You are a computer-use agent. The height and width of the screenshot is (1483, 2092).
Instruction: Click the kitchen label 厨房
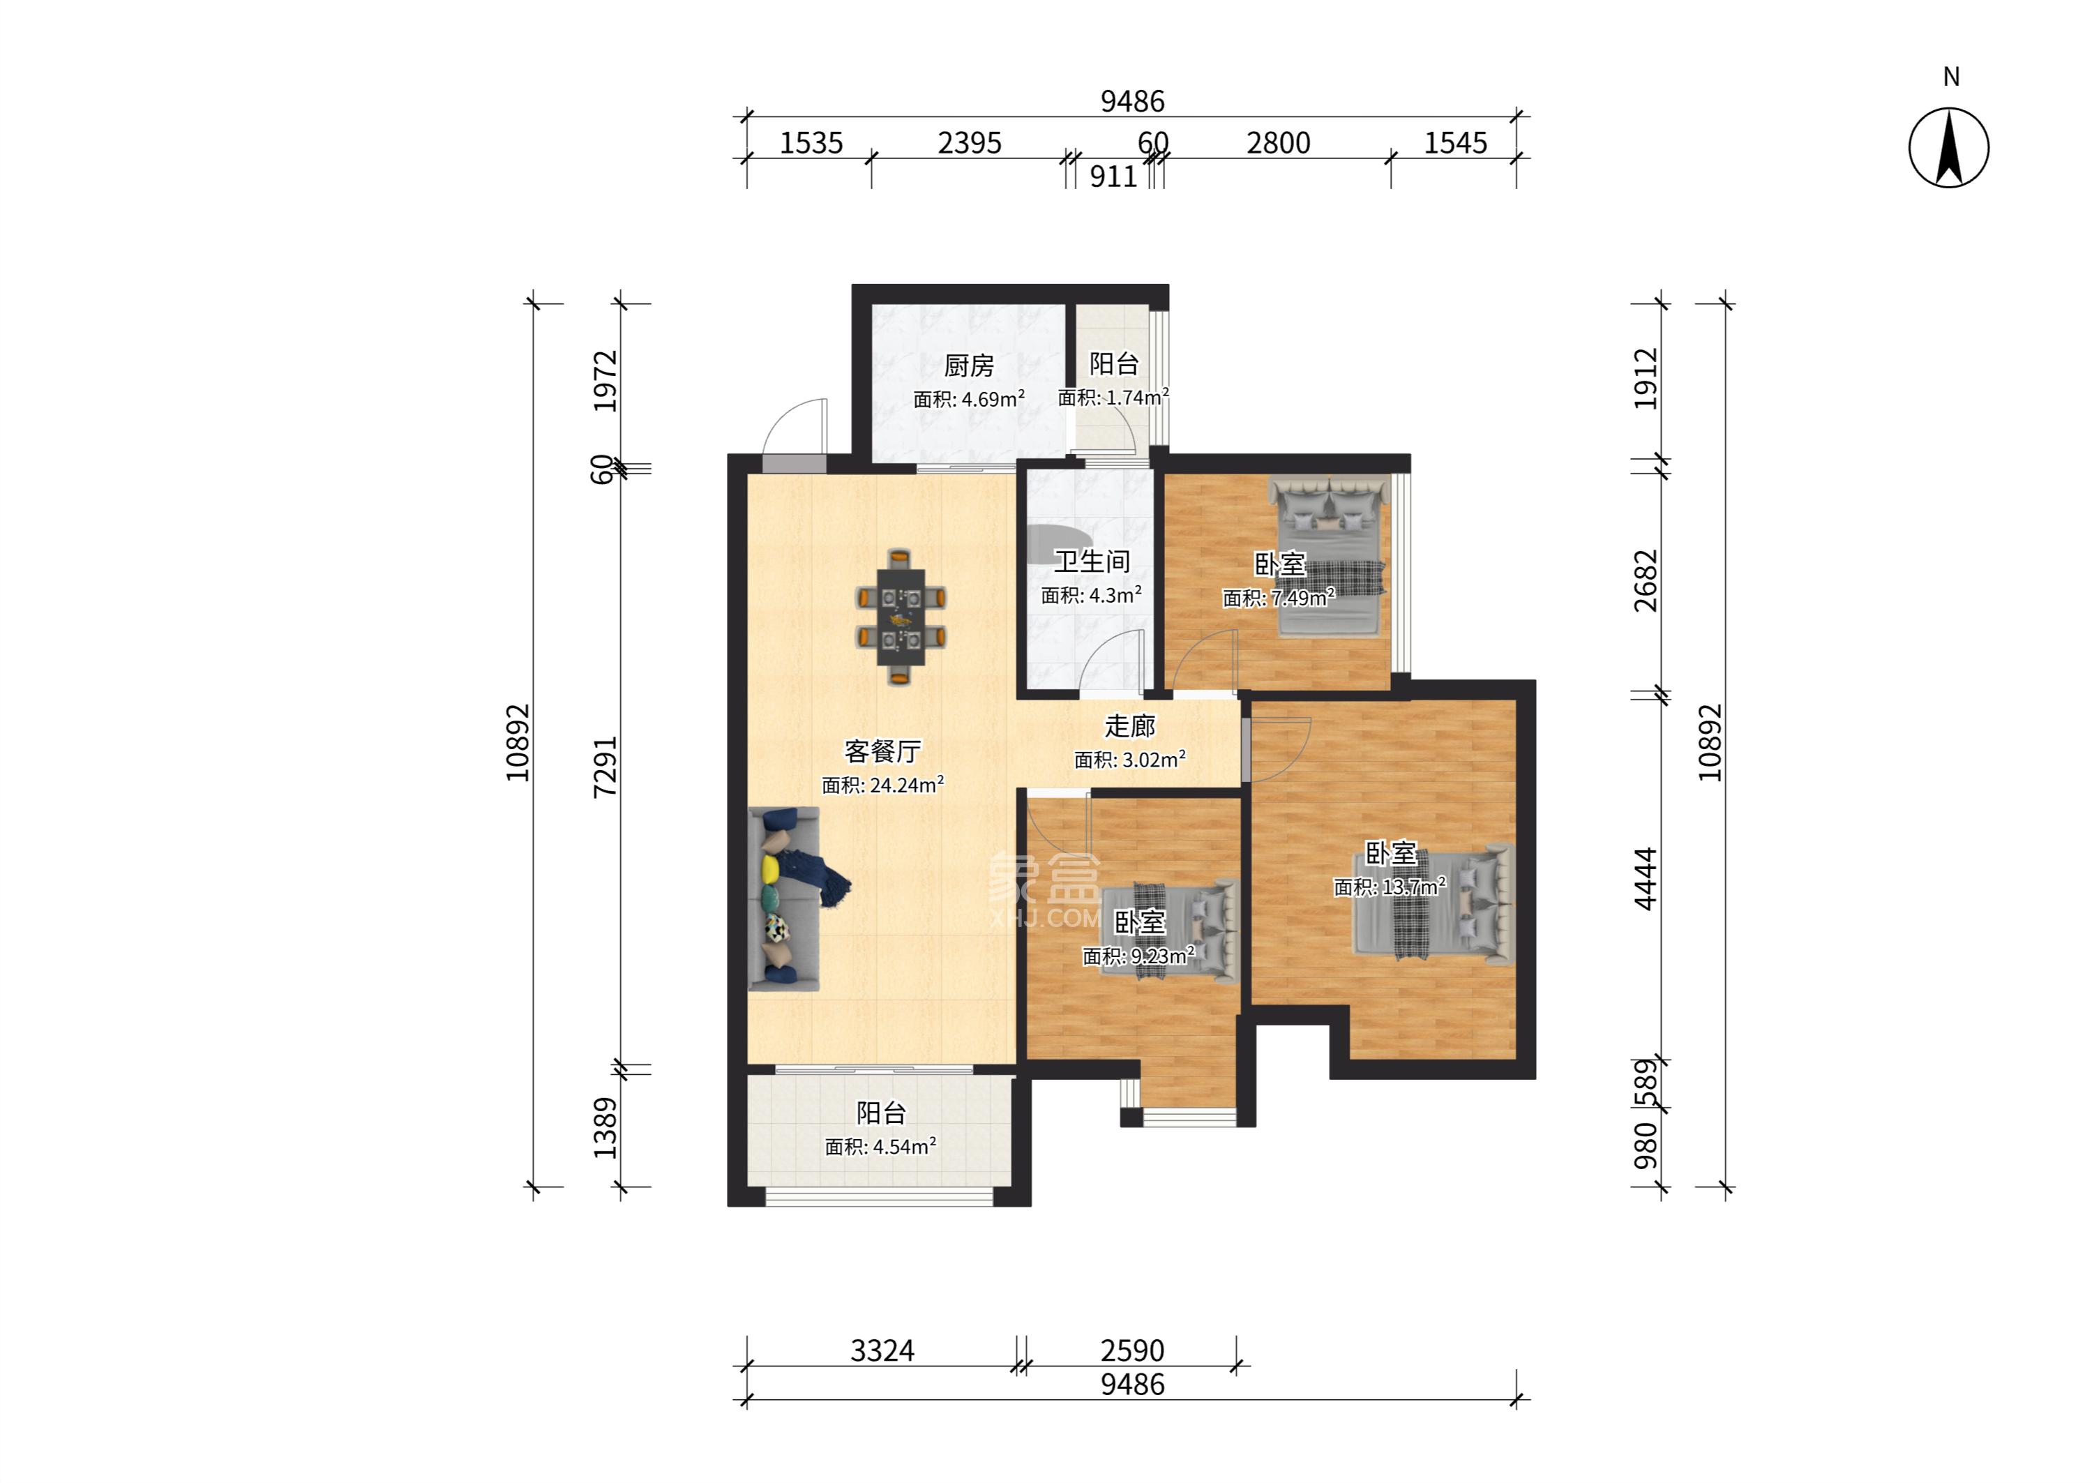pos(969,366)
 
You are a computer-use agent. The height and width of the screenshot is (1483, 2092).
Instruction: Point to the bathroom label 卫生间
pos(1092,562)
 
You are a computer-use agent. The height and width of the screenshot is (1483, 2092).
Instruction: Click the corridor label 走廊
pos(1131,726)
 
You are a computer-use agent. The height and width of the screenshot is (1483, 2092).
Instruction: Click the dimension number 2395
pos(970,144)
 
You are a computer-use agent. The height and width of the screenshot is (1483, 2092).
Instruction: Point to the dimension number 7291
pos(605,767)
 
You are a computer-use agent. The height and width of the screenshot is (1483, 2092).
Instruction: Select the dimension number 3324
pos(882,1350)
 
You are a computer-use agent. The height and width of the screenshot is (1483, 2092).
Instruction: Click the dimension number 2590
pos(1132,1350)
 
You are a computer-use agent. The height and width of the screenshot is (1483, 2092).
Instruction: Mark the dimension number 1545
pos(1456,144)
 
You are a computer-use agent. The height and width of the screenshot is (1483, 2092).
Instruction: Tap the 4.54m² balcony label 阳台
pos(881,1113)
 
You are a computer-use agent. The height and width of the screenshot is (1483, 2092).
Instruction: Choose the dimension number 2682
pos(1646,581)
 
